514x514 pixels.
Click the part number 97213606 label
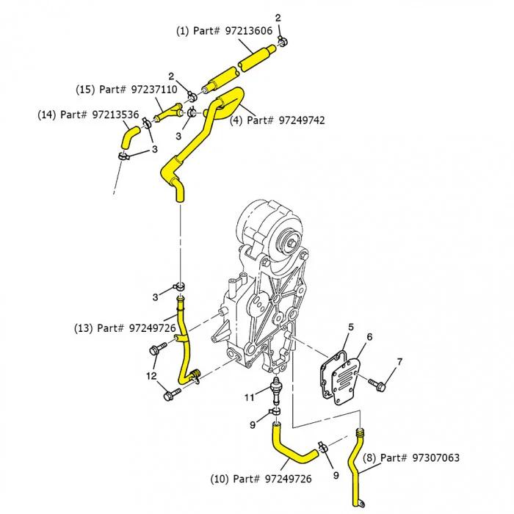224,31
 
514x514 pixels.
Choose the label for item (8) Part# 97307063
411,457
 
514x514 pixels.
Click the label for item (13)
125,327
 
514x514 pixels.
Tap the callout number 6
370,336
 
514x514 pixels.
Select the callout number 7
399,361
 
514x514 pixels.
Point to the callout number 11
250,397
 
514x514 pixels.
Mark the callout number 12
151,376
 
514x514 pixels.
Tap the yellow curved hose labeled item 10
289,450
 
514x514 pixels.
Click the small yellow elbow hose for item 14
129,135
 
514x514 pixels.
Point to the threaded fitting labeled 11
276,389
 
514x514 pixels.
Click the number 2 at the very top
278,17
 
